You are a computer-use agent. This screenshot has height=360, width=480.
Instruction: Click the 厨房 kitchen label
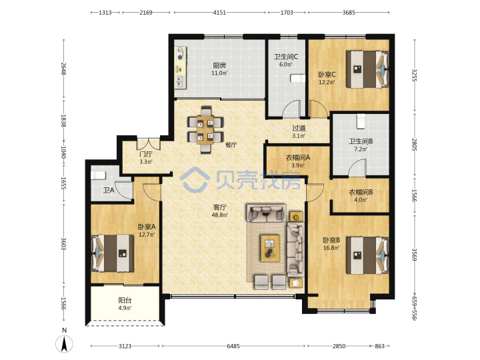[219, 65]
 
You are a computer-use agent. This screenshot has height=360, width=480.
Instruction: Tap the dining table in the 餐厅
[205, 130]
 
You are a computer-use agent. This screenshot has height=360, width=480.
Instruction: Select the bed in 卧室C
[367, 69]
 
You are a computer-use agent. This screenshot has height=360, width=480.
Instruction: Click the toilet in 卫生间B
[361, 121]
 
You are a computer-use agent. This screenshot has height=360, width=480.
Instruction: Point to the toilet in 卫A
[98, 175]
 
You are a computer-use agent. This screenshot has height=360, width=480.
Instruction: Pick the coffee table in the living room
[270, 248]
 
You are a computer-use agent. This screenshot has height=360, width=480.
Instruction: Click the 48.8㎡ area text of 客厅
[220, 215]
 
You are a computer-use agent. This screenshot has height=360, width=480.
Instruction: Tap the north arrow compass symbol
[64, 343]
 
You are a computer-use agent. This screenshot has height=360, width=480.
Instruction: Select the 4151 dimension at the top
[219, 13]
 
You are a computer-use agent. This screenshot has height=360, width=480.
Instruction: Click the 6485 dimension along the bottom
[233, 346]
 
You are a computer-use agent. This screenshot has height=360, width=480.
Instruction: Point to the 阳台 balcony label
[125, 300]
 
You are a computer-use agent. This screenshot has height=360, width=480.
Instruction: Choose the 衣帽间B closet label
[361, 192]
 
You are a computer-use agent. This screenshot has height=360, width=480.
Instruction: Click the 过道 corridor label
[299, 128]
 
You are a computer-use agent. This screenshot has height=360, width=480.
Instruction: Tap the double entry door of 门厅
[149, 144]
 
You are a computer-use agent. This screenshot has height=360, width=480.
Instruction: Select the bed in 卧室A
[113, 253]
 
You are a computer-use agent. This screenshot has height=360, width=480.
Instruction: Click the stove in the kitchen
[181, 53]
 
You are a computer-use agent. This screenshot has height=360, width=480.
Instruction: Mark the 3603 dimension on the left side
[64, 244]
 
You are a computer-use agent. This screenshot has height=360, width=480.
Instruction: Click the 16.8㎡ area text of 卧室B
[331, 248]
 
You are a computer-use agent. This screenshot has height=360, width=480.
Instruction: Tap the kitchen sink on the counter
[180, 81]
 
